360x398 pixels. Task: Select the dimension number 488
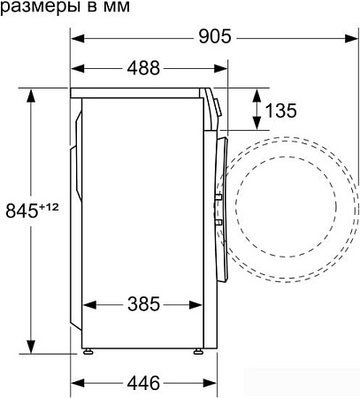142,67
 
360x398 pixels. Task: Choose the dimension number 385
142,304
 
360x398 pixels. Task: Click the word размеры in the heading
34,8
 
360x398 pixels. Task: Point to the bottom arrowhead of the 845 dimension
33,347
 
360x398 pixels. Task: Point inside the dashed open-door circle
292,204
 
